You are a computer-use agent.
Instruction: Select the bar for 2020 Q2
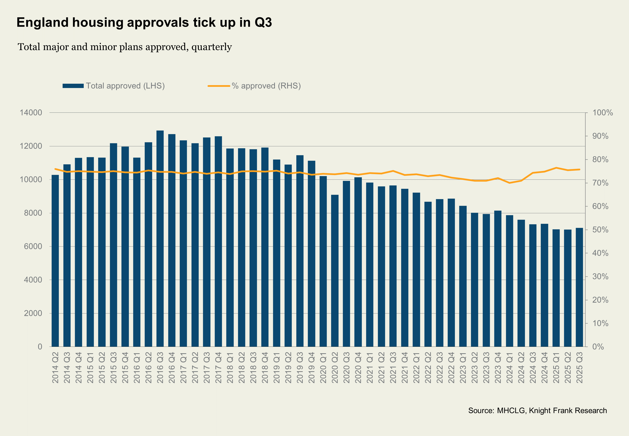335,271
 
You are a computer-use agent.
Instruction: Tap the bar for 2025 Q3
579,287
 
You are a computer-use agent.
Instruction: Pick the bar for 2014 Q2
55,261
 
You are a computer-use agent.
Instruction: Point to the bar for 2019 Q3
300,251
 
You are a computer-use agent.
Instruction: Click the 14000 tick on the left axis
31,112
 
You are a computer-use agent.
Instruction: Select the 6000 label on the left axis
33,246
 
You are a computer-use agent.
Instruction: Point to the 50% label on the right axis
600,230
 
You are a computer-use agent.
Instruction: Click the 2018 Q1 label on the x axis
230,367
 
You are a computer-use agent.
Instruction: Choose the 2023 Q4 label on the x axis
498,367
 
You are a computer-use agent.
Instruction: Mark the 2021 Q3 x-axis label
393,367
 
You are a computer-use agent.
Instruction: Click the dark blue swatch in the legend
73,86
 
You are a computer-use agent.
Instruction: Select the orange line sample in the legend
219,86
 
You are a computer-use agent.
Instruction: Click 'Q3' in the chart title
263,22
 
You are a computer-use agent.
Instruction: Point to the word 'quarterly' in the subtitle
212,47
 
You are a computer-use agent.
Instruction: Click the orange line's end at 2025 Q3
579,169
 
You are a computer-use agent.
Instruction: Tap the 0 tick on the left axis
40,347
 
